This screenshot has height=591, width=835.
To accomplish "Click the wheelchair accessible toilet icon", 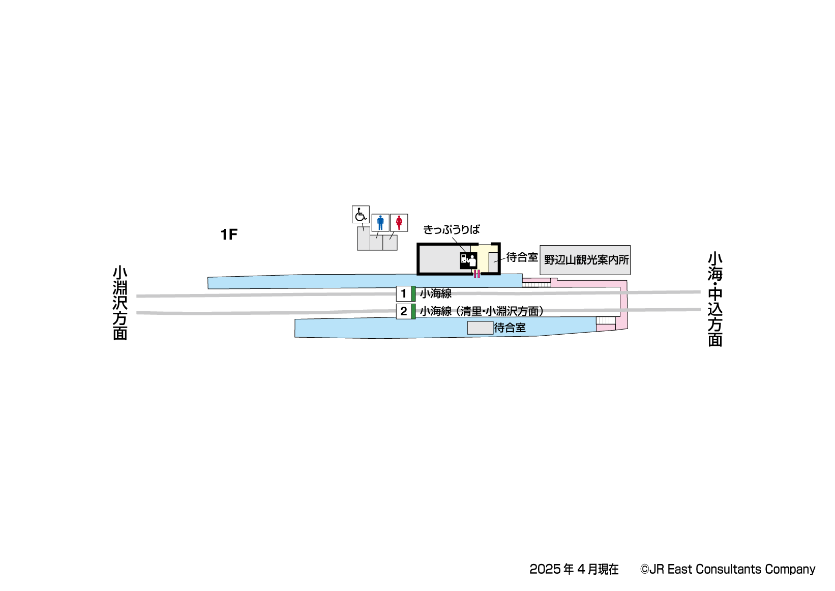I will [x=361, y=215].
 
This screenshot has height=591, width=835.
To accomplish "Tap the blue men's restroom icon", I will [x=380, y=222].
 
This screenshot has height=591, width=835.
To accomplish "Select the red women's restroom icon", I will [x=399, y=222].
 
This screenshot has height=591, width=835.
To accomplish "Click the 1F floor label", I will [x=229, y=234].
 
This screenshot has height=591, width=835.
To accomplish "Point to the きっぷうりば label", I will [x=452, y=230].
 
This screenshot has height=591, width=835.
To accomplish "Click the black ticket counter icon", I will [x=468, y=260].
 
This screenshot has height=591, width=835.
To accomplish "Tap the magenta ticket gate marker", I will [x=476, y=274].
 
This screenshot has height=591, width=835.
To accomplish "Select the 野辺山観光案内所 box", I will [x=585, y=260].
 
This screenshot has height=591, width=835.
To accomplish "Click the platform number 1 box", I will [x=404, y=293].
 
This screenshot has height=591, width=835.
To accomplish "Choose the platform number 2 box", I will [x=404, y=311].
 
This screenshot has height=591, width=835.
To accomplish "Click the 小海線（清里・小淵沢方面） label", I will [x=482, y=311].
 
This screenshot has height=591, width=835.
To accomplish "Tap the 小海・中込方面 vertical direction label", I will [x=715, y=300].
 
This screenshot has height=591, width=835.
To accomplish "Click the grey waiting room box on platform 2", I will [x=480, y=328].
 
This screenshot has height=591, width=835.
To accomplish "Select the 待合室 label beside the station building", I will [x=522, y=257].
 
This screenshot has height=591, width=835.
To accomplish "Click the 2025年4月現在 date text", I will [x=574, y=569].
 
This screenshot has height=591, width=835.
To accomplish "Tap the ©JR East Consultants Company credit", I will [x=728, y=569].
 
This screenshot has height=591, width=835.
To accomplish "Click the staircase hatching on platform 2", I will [x=606, y=320].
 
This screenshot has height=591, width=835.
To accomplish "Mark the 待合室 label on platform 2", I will [x=510, y=328].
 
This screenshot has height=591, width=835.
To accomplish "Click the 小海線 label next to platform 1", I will [x=436, y=293].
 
